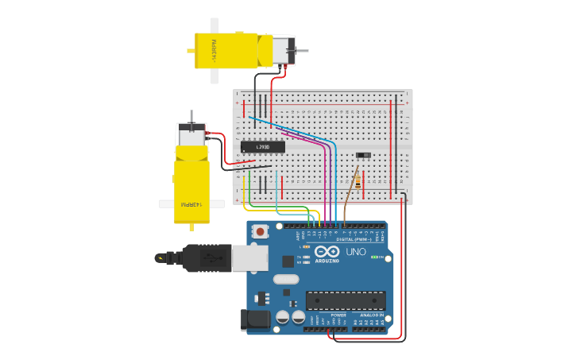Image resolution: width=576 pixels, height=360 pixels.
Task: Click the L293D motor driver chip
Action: tap(262, 147)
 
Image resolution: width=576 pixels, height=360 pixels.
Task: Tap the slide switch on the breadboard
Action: tap(363, 155)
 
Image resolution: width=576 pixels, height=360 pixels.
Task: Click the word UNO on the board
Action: tap(356, 252)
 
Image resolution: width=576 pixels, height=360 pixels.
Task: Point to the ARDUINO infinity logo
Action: tap(327, 251)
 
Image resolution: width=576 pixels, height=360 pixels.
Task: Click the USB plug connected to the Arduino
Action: tap(208, 257)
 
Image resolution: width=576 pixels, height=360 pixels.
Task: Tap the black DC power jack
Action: tap(256, 319)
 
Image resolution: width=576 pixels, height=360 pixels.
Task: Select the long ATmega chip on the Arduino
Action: tap(346, 300)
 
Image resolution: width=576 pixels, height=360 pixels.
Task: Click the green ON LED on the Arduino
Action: tap(374, 257)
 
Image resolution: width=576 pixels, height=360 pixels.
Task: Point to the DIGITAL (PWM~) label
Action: tap(354, 238)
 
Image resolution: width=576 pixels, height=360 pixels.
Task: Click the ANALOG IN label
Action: tap(370, 315)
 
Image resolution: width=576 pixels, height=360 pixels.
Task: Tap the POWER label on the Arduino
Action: tap(338, 315)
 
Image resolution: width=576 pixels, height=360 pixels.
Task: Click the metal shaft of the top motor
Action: tap(302, 51)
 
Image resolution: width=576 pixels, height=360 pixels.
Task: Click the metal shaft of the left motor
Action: tap(191, 117)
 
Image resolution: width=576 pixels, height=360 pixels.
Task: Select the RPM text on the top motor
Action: tap(214, 51)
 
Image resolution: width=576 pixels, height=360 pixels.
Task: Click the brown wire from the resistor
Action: tap(350, 199)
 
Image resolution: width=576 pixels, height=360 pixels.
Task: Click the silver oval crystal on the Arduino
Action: tap(286, 279)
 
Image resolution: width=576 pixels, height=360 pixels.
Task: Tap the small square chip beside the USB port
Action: tap(288, 261)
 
